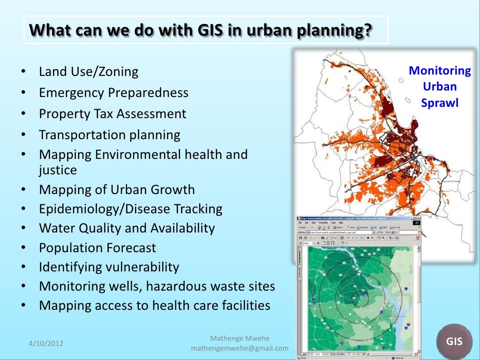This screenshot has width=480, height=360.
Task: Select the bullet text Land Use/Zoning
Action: (89, 72)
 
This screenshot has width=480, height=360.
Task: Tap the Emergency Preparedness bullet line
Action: (113, 93)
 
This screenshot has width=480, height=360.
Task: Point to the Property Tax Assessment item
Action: (112, 114)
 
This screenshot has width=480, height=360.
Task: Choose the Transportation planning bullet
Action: (109, 135)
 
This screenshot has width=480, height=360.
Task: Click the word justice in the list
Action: (58, 170)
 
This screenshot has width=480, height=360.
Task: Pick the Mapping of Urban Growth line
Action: (117, 189)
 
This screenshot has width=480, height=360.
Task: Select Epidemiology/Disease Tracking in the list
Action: (130, 209)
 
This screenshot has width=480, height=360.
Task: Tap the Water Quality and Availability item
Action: (127, 228)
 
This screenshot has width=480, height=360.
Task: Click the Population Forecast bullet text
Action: (97, 247)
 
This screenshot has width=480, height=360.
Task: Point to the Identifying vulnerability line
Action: (109, 267)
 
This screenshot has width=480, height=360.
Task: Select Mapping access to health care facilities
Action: (155, 306)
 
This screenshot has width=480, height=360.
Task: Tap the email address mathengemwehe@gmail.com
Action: (240, 348)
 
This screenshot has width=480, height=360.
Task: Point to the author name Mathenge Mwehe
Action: (240, 338)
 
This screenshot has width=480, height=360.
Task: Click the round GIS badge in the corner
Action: (454, 342)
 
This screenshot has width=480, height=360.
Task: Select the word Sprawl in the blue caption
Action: (440, 103)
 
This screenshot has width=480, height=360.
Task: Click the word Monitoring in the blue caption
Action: (440, 71)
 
